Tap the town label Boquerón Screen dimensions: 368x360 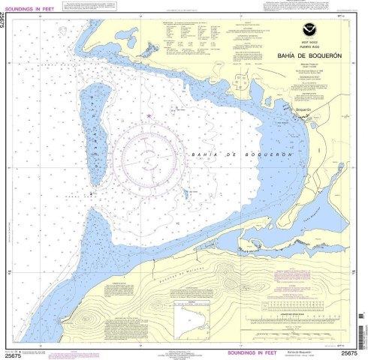coord(297,109)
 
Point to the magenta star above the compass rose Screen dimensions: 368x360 coord(150,115)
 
